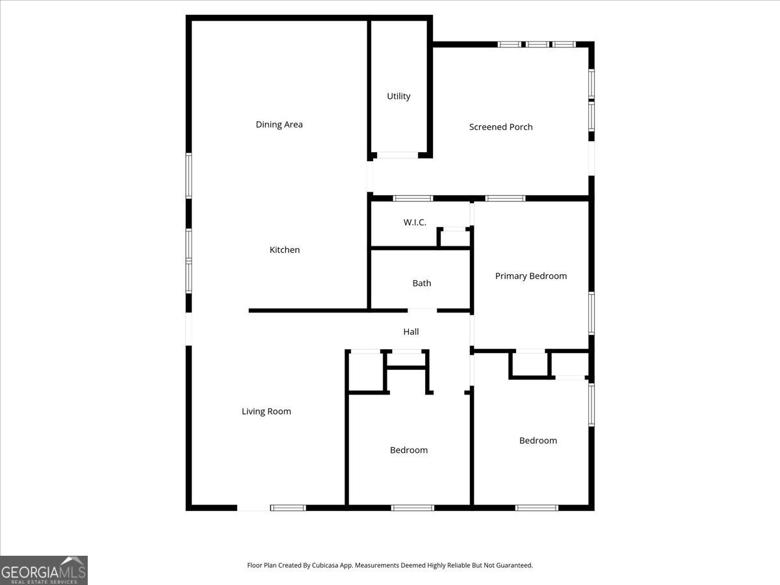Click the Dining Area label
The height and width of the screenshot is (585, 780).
[x=279, y=125]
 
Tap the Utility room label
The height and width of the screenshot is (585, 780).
[x=398, y=96]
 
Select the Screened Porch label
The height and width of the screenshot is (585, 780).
[x=500, y=127]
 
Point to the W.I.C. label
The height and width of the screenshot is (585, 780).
[x=415, y=222]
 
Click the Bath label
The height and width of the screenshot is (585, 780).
[x=421, y=283]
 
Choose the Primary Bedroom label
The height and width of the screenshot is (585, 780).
[x=530, y=276]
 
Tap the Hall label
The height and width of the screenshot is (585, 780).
[x=411, y=331]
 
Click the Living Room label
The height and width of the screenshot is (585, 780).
[x=266, y=411]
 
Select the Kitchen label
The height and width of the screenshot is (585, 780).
[x=285, y=250]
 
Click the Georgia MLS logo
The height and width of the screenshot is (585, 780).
[x=44, y=570]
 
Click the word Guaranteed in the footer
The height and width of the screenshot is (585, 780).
[x=512, y=565]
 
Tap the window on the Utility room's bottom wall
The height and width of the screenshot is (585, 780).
[x=398, y=155]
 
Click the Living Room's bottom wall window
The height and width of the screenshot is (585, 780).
[x=288, y=508]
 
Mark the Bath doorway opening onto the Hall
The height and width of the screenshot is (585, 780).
[x=422, y=310]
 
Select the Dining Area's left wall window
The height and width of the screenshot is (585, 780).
[x=188, y=175]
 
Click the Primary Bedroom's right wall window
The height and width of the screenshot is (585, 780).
[x=591, y=313]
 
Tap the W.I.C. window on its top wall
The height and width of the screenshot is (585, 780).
[x=413, y=198]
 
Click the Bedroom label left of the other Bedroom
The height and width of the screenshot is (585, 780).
[x=408, y=450]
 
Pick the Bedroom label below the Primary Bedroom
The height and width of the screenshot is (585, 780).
[x=538, y=441]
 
